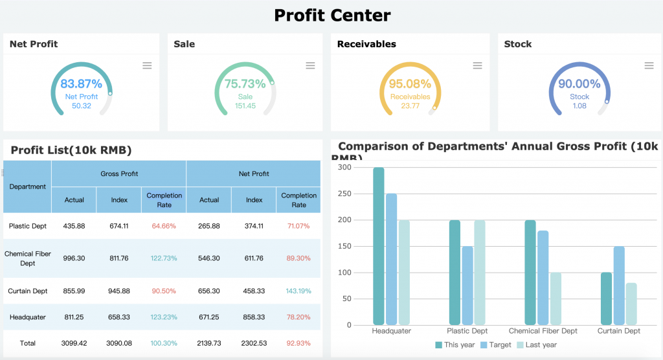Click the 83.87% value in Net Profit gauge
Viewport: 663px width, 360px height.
(82, 84)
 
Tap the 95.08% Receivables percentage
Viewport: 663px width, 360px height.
(410, 84)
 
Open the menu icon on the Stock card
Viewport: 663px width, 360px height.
(649, 65)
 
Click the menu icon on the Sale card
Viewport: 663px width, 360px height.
(310, 65)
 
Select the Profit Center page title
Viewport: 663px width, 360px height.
(332, 15)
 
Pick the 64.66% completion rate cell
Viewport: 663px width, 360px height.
(164, 226)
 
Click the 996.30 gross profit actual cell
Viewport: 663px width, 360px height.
(74, 258)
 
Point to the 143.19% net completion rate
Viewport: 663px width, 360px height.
(298, 291)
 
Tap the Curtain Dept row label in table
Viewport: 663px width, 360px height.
(28, 291)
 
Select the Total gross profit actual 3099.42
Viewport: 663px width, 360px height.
(74, 343)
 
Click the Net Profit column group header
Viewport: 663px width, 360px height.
(254, 174)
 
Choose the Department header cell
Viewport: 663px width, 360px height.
(28, 186)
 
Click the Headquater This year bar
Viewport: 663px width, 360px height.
(379, 246)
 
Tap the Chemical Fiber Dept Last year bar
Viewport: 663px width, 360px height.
(556, 298)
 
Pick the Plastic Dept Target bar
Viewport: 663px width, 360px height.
(467, 286)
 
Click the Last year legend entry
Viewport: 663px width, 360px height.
(537, 345)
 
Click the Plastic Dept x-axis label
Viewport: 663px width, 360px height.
(467, 331)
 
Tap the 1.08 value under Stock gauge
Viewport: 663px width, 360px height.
(579, 106)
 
